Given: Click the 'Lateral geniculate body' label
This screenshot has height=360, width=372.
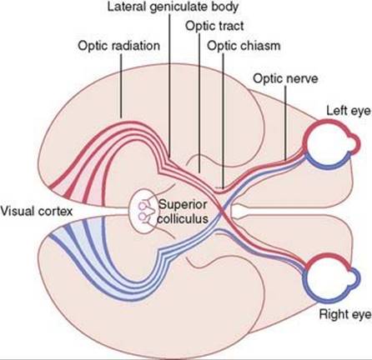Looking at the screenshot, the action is coord(173,7).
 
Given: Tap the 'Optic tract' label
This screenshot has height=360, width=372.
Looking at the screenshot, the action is coord(214,26).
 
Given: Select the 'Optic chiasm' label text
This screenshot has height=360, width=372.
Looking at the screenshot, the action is coord(244,46).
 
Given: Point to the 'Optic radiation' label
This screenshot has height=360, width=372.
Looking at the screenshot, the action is coord(119,46).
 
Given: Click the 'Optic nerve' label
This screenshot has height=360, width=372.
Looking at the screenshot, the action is coord(285,78).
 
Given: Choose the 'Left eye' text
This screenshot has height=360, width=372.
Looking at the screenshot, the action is coord(349,111).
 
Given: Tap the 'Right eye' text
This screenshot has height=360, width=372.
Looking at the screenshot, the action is coord(345,314).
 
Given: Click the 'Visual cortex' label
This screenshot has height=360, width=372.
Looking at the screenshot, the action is coord(37,212).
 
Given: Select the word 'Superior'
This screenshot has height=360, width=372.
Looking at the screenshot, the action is coord(183,205).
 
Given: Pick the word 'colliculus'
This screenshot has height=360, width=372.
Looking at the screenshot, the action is coord(183,218).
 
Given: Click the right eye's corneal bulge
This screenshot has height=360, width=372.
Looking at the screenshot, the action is coord(354,278).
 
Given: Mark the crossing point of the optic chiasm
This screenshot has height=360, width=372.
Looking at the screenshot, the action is coord(223,212).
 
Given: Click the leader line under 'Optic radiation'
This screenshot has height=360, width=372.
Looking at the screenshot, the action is coord(121,86).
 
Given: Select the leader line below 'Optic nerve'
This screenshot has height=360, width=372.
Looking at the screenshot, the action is coord(285,123).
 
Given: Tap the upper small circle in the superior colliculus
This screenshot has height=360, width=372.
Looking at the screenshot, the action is coord(142,206).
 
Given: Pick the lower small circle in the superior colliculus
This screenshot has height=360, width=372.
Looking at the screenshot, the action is coord(142,217).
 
